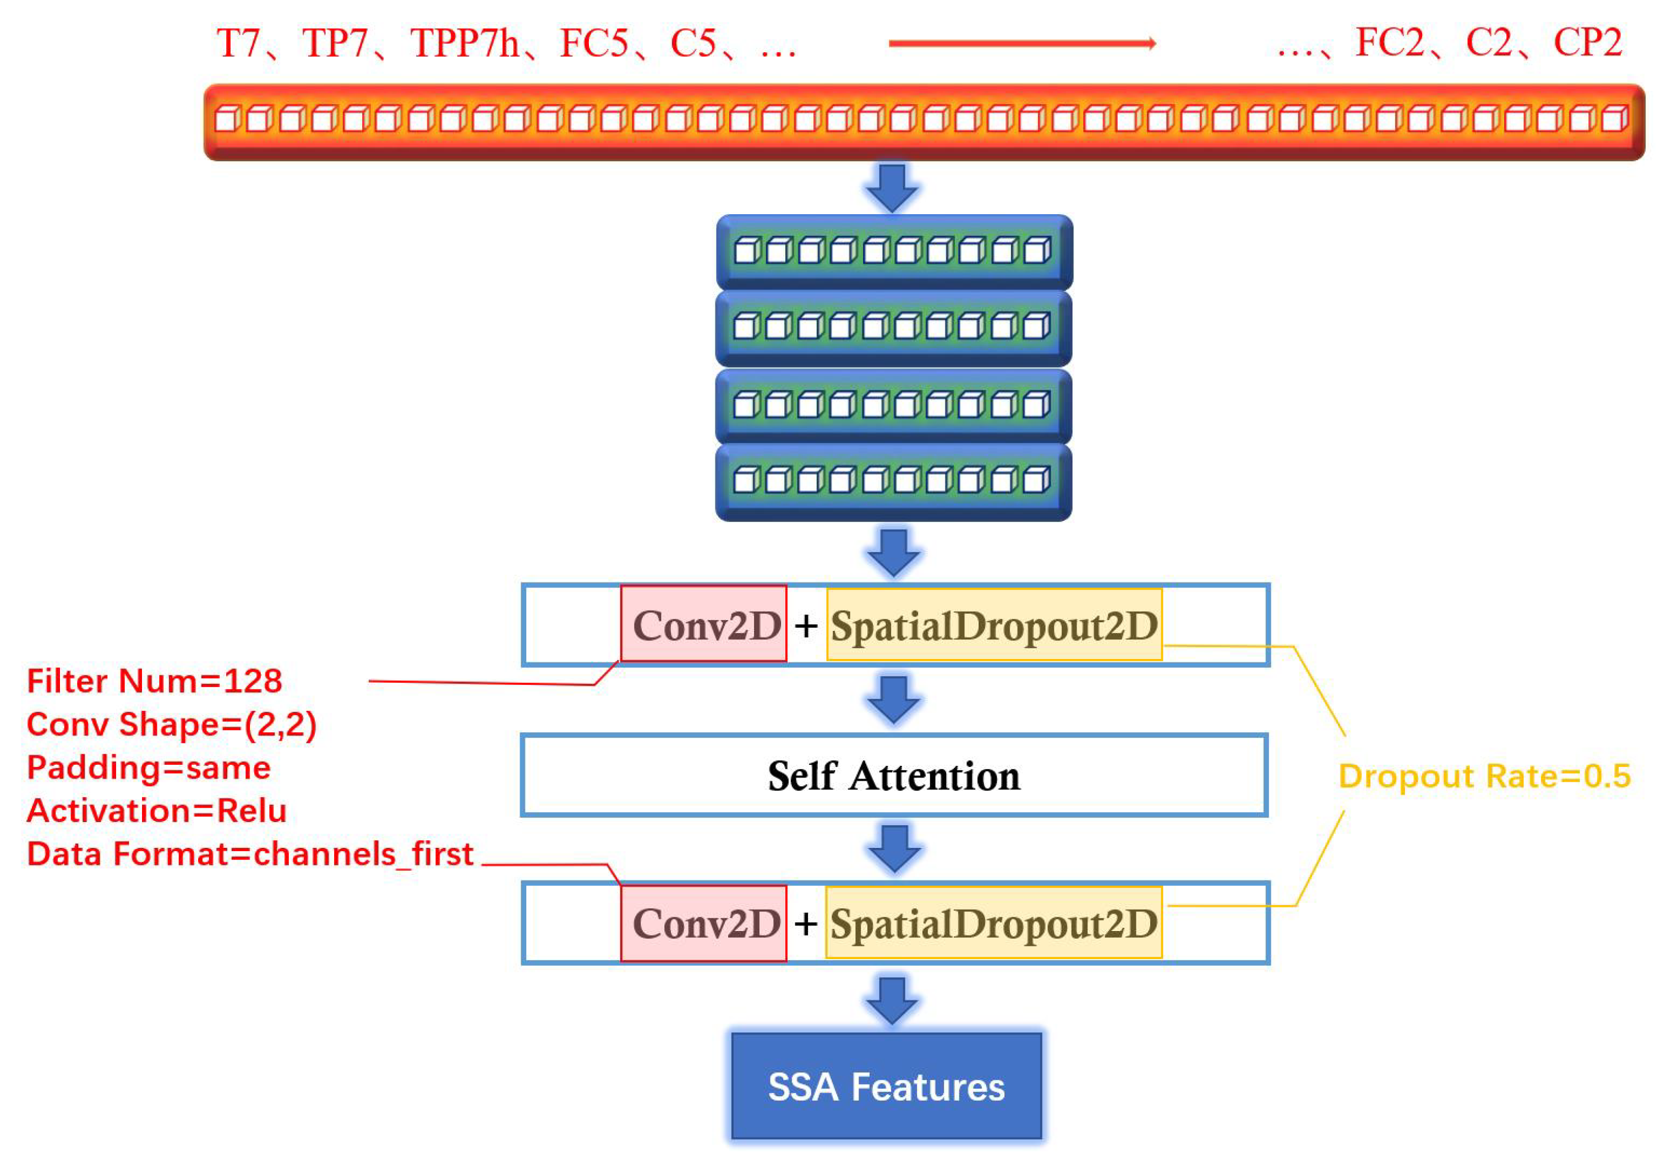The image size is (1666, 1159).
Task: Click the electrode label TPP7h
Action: pos(465,43)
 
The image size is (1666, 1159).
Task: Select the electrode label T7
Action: pos(238,43)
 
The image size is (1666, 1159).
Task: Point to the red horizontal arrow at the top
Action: pos(1022,43)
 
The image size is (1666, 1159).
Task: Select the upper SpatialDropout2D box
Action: pos(993,624)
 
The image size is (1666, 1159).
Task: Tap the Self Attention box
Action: pos(893,775)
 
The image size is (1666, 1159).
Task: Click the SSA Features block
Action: pos(886,1086)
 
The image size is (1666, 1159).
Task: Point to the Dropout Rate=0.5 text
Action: pos(1484,776)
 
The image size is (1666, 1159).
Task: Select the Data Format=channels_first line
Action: pos(250,853)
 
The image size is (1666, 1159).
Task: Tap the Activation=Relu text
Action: pos(156,810)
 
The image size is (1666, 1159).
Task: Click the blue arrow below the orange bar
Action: pos(892,187)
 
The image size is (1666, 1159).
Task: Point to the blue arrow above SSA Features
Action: pos(892,999)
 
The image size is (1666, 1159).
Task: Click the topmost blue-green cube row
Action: pos(893,251)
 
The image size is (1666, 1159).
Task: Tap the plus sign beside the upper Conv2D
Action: pos(805,625)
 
